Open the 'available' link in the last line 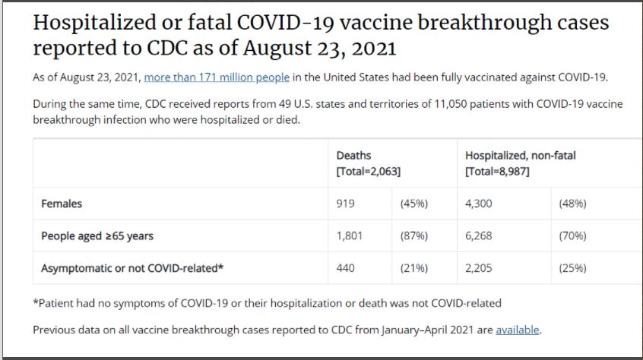coord(517,330)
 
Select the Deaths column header coord(353,156)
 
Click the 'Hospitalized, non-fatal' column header coord(520,156)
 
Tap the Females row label coord(62,204)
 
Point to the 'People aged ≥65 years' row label coord(97,236)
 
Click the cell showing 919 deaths coord(345,204)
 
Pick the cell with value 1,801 coord(350,236)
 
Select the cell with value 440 coord(345,268)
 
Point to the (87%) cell coord(414,236)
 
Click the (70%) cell coord(572,236)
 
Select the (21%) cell coord(414,268)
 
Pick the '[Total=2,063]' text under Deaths coord(368,172)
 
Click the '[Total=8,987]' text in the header coord(497,172)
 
